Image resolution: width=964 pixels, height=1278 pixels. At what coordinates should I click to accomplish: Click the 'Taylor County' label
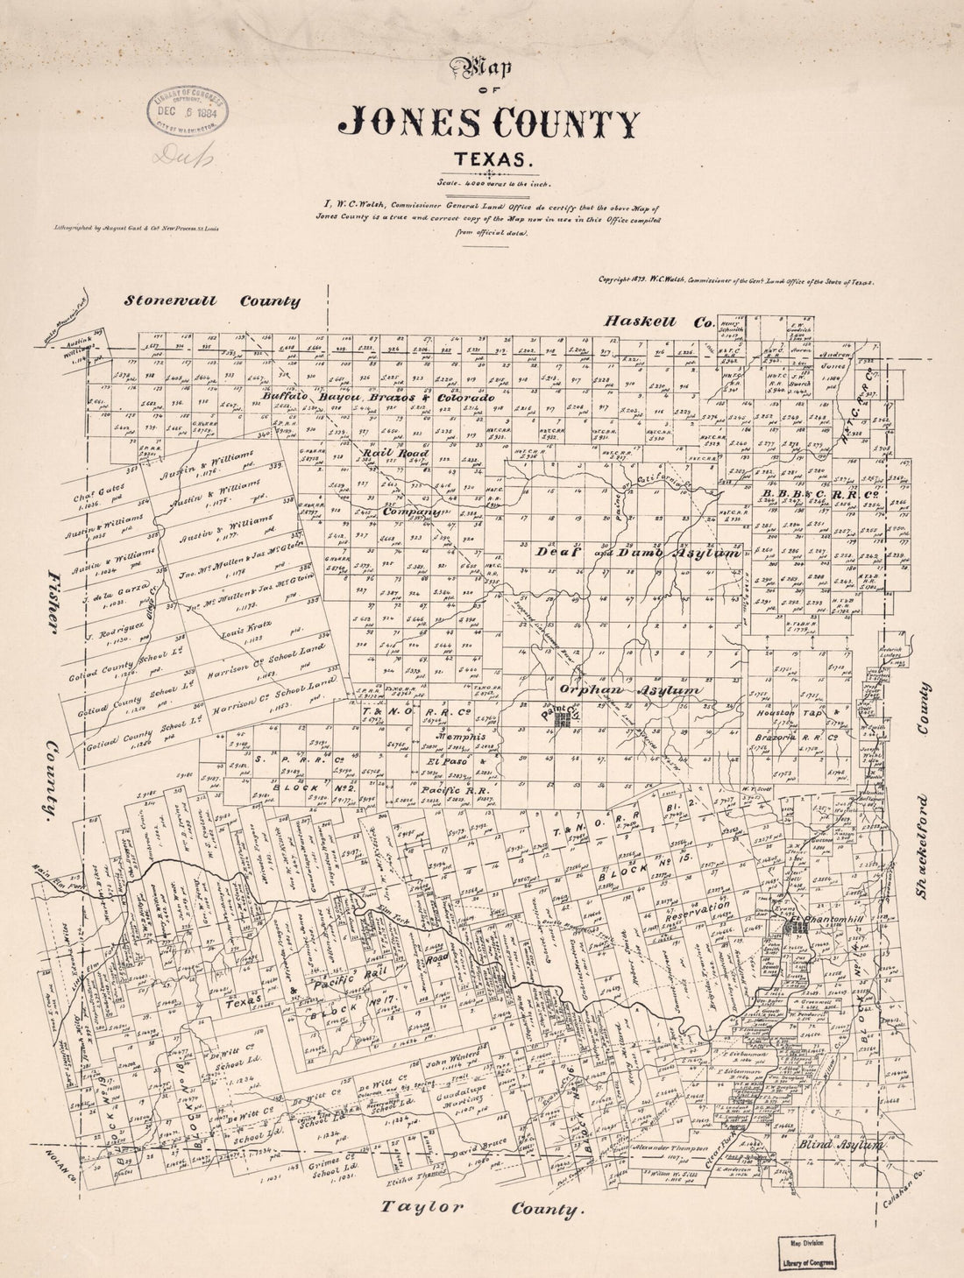pyautogui.click(x=481, y=1209)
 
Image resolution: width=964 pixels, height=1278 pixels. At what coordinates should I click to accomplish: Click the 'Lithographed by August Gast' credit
pyautogui.click(x=134, y=226)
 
